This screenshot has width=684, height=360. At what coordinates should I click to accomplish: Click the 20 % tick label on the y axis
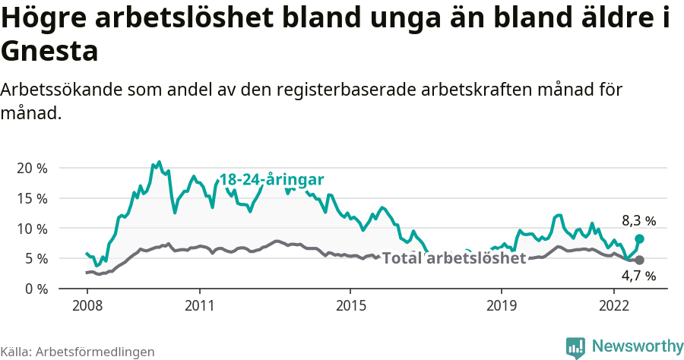click(x=32, y=168)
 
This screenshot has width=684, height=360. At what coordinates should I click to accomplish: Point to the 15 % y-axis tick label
click(x=32, y=198)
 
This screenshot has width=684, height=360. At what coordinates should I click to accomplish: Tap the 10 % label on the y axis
click(x=32, y=229)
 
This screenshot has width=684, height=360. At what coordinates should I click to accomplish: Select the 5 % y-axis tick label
click(x=36, y=259)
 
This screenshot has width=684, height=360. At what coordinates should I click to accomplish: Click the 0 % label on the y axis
click(x=36, y=289)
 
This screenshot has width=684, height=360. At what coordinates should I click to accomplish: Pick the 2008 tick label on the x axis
click(x=87, y=306)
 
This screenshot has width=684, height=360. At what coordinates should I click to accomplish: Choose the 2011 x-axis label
click(x=199, y=306)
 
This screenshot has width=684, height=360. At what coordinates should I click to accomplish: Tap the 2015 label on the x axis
click(x=350, y=306)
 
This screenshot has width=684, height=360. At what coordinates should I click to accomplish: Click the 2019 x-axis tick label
click(x=501, y=306)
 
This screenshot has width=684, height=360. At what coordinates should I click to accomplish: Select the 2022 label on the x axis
click(x=614, y=306)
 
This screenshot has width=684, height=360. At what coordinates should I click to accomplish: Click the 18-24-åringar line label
click(x=272, y=180)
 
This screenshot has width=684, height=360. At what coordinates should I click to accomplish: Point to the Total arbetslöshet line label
click(x=454, y=258)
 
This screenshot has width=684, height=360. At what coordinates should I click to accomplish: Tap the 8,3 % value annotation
click(x=638, y=221)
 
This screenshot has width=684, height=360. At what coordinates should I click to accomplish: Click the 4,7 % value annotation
click(x=638, y=276)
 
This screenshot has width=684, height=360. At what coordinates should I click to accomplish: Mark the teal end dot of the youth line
click(x=639, y=238)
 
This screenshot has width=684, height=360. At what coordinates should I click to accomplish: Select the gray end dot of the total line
click(x=639, y=260)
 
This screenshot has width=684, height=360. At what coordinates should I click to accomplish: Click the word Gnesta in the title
click(x=50, y=52)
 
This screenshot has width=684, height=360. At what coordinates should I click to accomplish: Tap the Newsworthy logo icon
click(x=575, y=347)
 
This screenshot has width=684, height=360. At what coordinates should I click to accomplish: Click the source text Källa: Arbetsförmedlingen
click(x=78, y=352)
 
